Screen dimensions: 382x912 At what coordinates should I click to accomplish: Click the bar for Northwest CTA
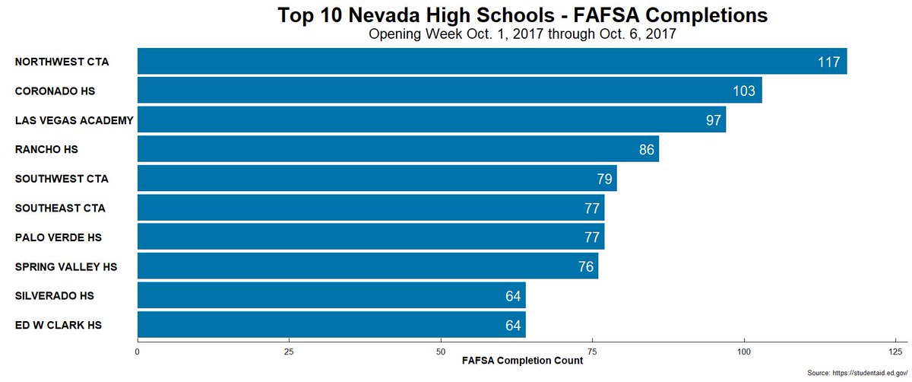pyautogui.click(x=492, y=62)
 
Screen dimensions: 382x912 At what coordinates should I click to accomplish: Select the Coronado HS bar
pyautogui.click(x=449, y=91)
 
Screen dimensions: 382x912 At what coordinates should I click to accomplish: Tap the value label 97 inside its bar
pyautogui.click(x=713, y=120)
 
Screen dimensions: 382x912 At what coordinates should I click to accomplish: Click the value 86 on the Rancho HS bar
pyautogui.click(x=646, y=150)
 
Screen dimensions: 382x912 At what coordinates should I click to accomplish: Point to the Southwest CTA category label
pyautogui.click(x=62, y=179)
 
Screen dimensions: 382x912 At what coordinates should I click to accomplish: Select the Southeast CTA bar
pyautogui.click(x=370, y=208)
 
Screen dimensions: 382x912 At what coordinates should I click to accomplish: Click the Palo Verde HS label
pyautogui.click(x=59, y=237)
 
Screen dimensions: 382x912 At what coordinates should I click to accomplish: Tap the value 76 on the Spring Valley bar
pyautogui.click(x=585, y=267)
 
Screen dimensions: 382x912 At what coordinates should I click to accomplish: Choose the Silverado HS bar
pyautogui.click(x=331, y=295)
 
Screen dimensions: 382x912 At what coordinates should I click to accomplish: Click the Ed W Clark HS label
pyautogui.click(x=59, y=325)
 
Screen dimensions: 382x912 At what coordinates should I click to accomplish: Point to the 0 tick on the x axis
pyautogui.click(x=137, y=352)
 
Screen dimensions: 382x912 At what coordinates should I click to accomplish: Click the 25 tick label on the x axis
pyautogui.click(x=289, y=352)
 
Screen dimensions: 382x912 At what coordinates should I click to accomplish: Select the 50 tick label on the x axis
pyautogui.click(x=441, y=352)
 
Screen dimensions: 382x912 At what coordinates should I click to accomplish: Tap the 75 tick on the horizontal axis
pyautogui.click(x=593, y=352)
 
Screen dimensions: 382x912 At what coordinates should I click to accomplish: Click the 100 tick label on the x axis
pyautogui.click(x=745, y=352)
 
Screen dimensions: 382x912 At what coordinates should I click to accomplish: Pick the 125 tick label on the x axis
pyautogui.click(x=896, y=352)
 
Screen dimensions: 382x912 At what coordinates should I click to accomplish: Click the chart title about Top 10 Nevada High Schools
pyautogui.click(x=522, y=15)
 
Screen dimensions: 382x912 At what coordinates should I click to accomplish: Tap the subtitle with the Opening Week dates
pyautogui.click(x=522, y=34)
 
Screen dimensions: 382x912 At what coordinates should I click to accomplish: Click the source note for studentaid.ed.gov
pyautogui.click(x=857, y=374)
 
